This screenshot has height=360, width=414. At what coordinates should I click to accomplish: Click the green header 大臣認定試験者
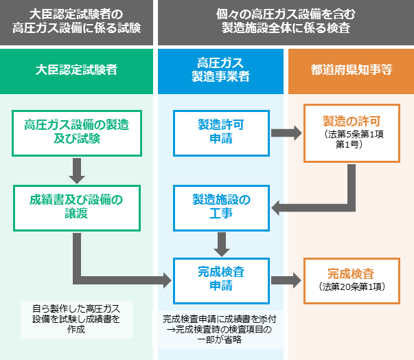click(76, 70)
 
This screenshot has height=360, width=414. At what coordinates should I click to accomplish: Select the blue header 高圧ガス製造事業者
click(220, 70)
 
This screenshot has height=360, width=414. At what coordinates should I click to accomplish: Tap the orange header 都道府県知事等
click(350, 70)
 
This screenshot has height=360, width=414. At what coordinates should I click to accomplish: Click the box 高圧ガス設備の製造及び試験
click(76, 132)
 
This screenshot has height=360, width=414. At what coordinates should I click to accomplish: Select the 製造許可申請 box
click(220, 132)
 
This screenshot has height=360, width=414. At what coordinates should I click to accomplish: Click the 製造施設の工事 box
click(220, 207)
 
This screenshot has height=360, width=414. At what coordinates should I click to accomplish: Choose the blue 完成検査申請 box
click(220, 279)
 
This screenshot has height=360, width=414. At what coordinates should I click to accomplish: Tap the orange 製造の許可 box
click(352, 133)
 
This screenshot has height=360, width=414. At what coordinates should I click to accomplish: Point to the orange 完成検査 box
click(352, 279)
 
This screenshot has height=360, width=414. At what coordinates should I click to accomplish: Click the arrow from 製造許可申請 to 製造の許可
click(285, 133)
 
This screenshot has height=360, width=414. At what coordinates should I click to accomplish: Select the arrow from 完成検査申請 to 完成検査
click(285, 280)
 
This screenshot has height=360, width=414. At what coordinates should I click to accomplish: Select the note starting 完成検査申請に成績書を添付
click(220, 330)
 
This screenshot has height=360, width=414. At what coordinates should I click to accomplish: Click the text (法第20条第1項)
click(352, 286)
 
